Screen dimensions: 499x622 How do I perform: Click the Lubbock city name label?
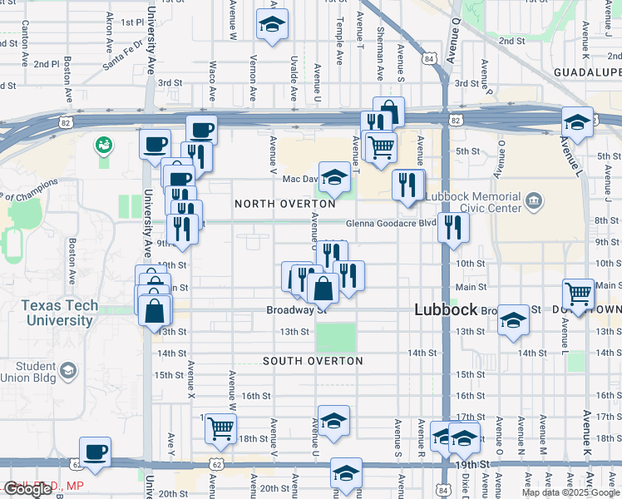tap(446, 309)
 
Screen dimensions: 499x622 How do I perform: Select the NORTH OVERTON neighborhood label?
tap(285, 204)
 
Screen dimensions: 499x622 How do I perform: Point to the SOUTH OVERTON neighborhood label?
tap(313, 361)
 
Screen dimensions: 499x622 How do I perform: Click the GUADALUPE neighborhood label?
tap(587, 72)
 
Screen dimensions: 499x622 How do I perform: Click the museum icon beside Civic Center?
tap(534, 200)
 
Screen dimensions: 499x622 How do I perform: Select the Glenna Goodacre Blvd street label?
tap(391, 222)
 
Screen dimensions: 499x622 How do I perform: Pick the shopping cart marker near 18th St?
tap(220, 428)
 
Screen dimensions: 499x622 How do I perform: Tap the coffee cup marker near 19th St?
tap(96, 452)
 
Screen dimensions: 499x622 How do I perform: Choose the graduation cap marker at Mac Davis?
tap(334, 177)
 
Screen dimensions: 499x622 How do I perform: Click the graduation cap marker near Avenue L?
tap(577, 122)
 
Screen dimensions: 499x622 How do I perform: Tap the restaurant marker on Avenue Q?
tap(453, 227)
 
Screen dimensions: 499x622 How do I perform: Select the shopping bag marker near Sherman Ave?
tap(388, 112)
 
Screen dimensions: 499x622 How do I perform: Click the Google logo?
tap(27, 489)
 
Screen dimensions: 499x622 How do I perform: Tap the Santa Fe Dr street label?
tap(122, 57)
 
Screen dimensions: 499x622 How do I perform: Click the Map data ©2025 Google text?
tap(570, 492)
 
